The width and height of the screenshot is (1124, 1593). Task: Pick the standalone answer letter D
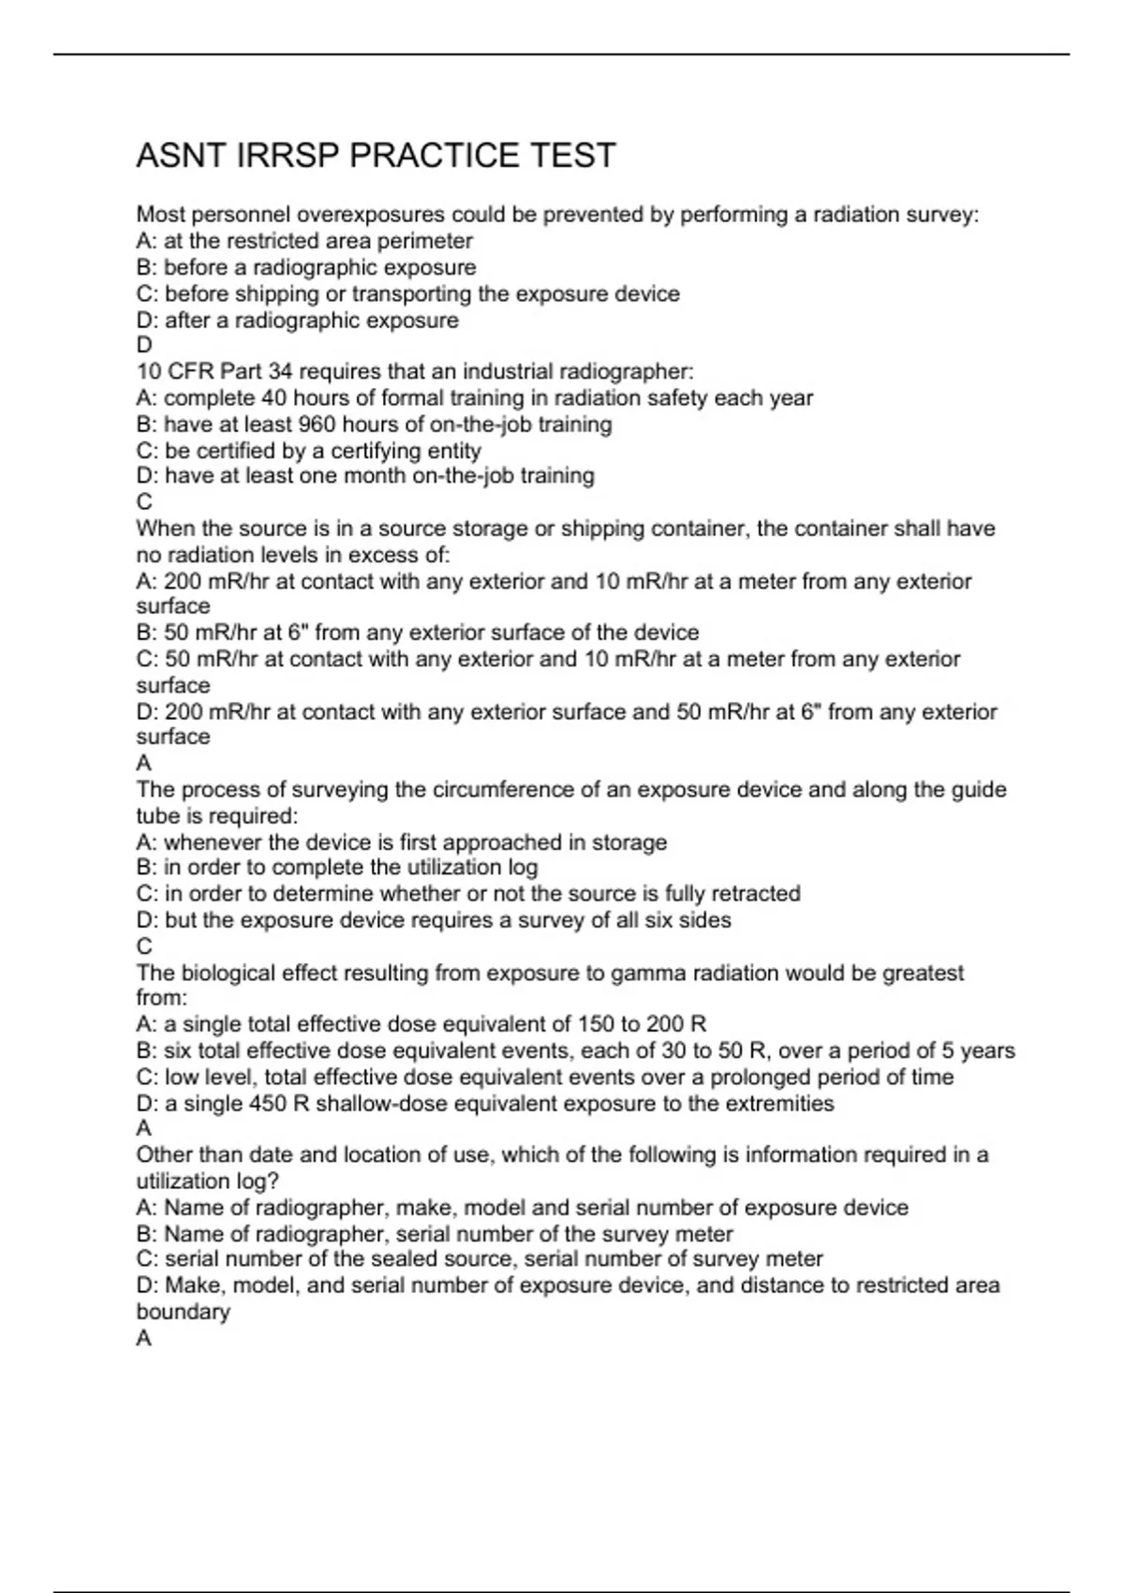144,345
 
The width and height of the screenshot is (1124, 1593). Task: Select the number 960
317,424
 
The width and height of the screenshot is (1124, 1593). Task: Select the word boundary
183,1311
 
